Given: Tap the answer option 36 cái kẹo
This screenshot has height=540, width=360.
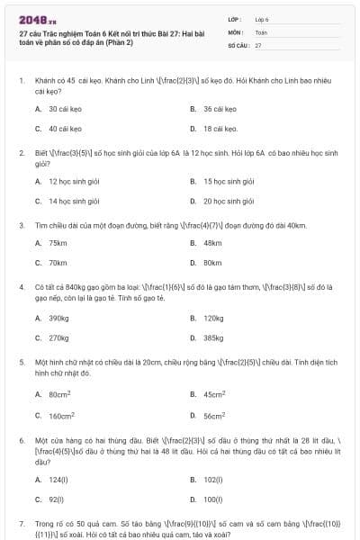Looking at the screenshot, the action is tap(219, 108).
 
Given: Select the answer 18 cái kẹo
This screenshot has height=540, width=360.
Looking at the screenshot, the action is tap(219, 129).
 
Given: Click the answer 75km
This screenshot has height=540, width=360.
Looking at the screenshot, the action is tap(58, 243).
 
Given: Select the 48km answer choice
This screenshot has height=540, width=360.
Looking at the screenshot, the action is tap(212, 243).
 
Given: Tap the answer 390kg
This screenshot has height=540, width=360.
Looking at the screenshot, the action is tap(58, 318).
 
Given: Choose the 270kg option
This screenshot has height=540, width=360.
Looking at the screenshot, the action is tap(58, 337).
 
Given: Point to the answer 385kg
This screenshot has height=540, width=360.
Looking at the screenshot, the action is tap(214, 337).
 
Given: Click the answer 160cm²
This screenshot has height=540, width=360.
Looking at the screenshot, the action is tap(61, 416).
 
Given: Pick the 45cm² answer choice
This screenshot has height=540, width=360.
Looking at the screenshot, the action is tap(214, 394).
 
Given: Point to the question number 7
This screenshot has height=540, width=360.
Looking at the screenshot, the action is tap(22, 522).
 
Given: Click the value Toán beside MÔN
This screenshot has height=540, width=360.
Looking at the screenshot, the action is tap(261, 31).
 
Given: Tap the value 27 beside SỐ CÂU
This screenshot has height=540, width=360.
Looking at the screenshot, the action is tap(258, 44).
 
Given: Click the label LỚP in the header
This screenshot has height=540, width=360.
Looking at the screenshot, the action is tap(234, 19).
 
